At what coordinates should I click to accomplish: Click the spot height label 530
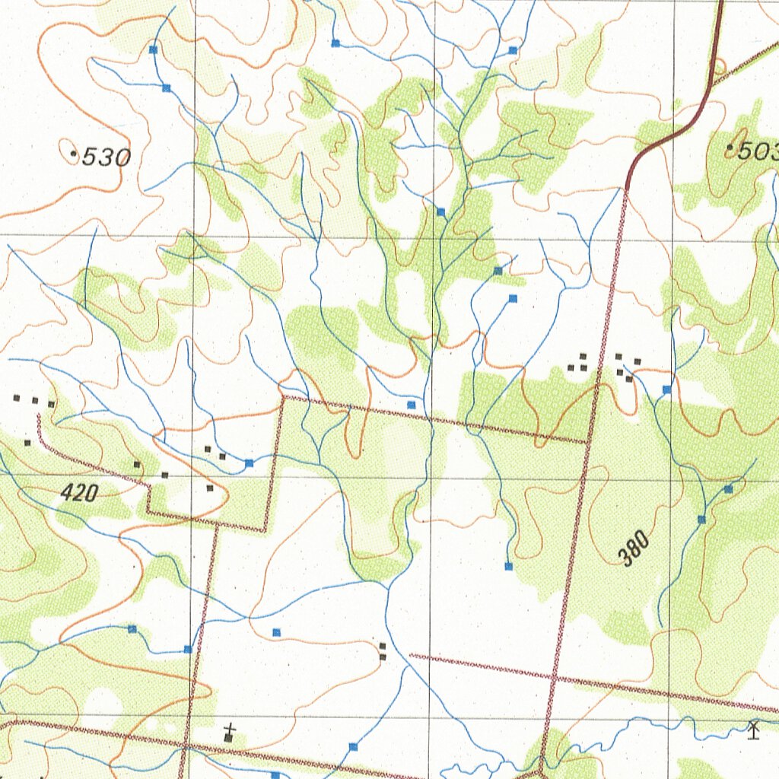point(106,157)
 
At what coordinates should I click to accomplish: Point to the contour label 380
point(634,548)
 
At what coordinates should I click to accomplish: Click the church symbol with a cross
point(230,734)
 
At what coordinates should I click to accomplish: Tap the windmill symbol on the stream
point(754,729)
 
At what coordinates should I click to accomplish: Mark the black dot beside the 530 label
point(74,154)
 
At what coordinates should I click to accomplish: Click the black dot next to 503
point(730,147)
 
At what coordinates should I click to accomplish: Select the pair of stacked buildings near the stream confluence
point(383,651)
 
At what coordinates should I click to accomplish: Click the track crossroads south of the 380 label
point(553,676)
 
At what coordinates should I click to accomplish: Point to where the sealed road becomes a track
point(628,188)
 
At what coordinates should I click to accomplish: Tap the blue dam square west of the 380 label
point(508,566)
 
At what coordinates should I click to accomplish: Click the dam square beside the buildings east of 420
point(249,463)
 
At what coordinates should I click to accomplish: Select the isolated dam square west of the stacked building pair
point(276,631)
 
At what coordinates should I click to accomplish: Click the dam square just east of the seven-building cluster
point(666,389)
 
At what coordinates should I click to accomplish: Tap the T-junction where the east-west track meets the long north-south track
point(587,442)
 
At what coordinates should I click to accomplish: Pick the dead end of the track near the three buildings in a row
point(37,415)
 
